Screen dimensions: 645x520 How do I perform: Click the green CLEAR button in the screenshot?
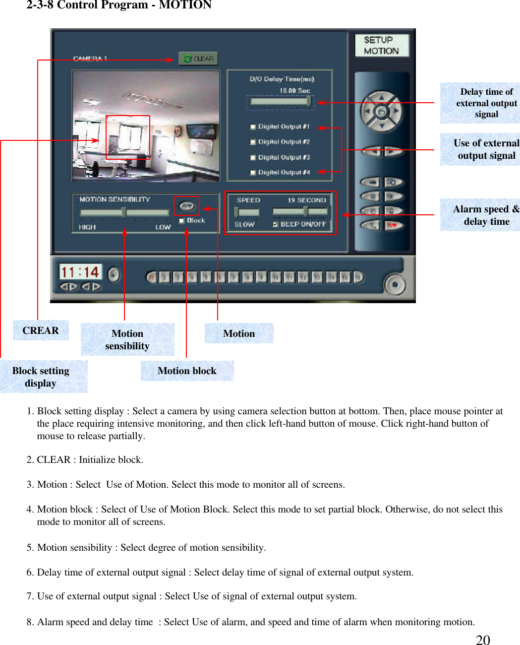coord(198,59)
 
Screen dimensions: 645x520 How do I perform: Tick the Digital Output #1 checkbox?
coord(253,127)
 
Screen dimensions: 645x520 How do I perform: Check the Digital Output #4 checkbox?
coord(253,173)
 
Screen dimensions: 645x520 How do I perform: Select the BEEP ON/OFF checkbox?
coord(275,224)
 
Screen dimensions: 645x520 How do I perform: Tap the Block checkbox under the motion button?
coord(181,220)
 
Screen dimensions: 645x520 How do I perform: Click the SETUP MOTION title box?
coord(382,45)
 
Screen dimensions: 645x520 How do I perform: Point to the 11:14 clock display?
coord(79,272)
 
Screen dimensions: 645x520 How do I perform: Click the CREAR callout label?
coord(41,330)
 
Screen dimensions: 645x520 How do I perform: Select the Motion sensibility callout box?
coord(127,339)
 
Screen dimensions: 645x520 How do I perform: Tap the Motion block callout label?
coord(187,371)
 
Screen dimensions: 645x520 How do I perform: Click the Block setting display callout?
coord(41,377)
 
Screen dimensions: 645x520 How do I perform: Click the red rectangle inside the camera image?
coord(128,137)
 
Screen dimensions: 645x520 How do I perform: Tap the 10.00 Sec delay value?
coord(294,90)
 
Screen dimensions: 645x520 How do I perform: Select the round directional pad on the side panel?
coord(381,112)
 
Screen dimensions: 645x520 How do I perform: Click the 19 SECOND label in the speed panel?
coord(306,200)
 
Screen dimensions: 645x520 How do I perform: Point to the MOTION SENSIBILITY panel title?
coord(115,199)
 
